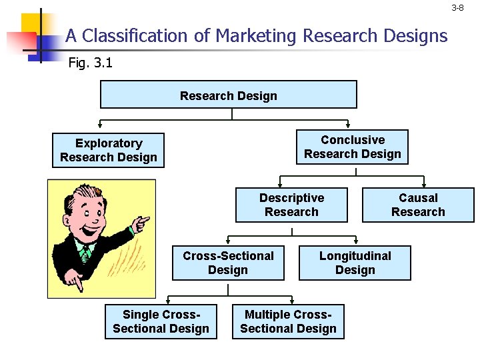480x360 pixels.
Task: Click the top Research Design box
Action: click(228, 95)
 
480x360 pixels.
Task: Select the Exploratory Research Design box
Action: click(109, 150)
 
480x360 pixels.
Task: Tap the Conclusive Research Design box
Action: click(352, 147)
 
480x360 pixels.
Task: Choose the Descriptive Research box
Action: click(291, 205)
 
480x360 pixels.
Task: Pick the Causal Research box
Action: click(418, 205)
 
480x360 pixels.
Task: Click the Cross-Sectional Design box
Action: click(228, 263)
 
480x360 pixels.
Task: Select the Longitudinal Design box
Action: click(355, 263)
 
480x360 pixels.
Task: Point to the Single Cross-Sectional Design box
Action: click(161, 321)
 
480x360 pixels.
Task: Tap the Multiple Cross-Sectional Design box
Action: click(288, 321)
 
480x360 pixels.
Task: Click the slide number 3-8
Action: click(457, 8)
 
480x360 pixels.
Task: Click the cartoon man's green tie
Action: click(85, 254)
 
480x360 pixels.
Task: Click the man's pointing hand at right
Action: click(139, 223)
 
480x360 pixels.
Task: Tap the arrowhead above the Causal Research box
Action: click(419, 180)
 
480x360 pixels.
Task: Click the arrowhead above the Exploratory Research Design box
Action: click(100, 125)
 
